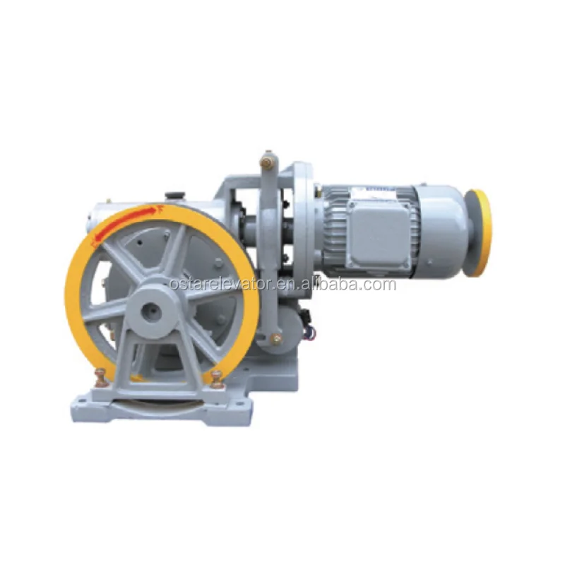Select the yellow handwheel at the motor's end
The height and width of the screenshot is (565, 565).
click(x=480, y=233)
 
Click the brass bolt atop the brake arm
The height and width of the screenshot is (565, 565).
click(x=267, y=160)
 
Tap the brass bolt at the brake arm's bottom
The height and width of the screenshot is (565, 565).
click(x=275, y=340)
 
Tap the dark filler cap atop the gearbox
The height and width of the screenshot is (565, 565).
click(x=174, y=194)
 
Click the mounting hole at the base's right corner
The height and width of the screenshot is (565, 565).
click(x=240, y=408)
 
